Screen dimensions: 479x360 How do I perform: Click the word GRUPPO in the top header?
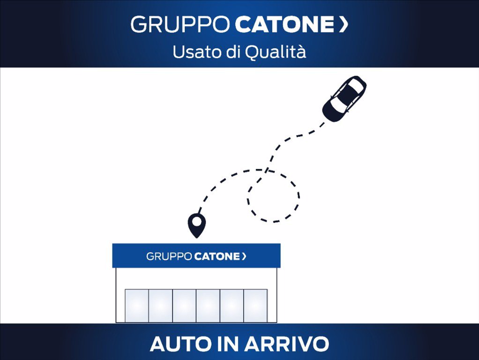point(180,24)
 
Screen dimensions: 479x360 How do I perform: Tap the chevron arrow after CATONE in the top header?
point(344,24)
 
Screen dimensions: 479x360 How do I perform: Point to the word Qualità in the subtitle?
point(275,52)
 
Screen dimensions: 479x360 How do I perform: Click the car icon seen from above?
point(344,98)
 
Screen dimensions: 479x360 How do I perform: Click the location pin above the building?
point(196,225)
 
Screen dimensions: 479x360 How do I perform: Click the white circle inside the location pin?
point(196,222)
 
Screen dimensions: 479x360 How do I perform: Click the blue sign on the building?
point(196,255)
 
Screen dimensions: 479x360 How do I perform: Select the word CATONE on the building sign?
point(217,256)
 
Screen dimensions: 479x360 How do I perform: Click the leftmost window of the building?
point(137,306)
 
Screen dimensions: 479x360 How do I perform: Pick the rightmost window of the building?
point(256,306)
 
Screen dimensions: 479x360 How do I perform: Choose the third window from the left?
point(184,306)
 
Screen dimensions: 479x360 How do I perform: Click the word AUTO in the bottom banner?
point(180,344)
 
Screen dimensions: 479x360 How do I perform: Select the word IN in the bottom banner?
point(228,344)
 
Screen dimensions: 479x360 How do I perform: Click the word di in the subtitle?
point(232,52)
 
